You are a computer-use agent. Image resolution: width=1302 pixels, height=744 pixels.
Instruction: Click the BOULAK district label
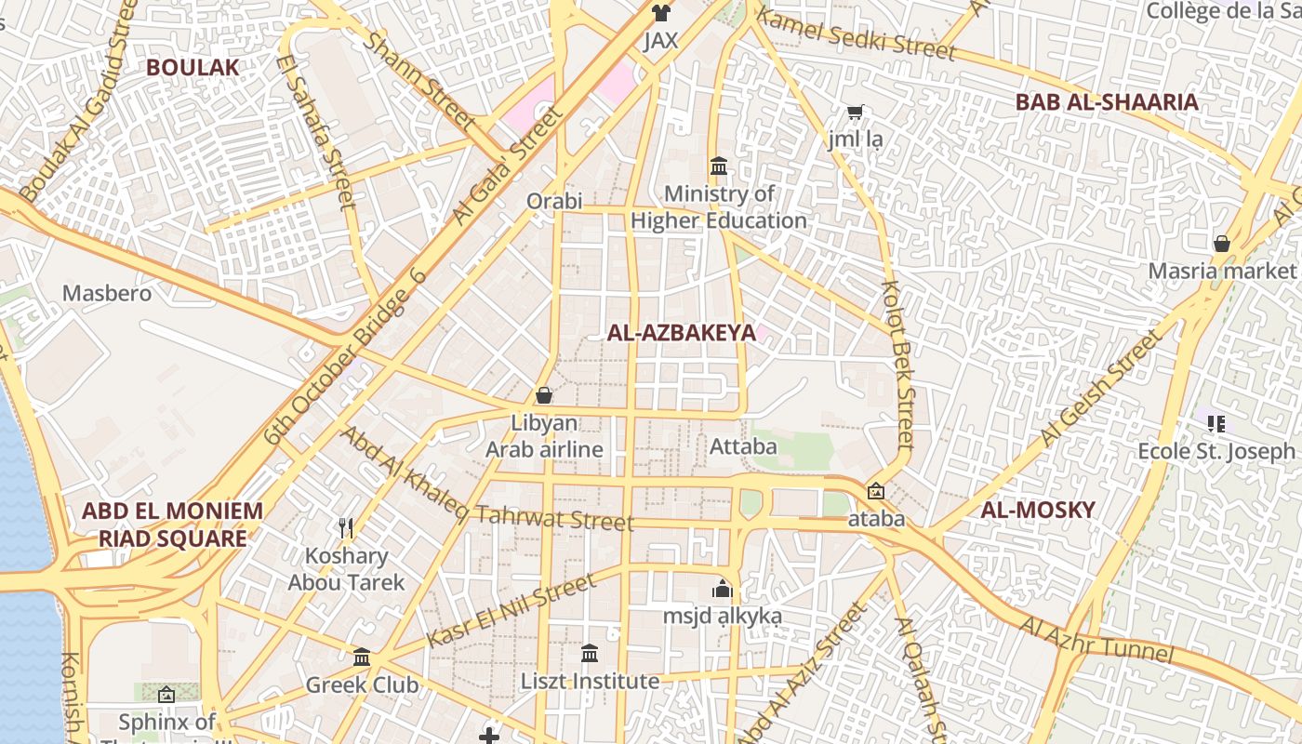pyautogui.click(x=193, y=67)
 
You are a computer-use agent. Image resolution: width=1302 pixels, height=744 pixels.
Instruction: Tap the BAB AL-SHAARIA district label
pyautogui.click(x=1107, y=102)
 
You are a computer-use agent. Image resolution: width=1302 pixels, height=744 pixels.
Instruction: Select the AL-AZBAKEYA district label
pyautogui.click(x=682, y=333)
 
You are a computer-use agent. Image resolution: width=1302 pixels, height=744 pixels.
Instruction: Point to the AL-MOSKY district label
pyautogui.click(x=1038, y=510)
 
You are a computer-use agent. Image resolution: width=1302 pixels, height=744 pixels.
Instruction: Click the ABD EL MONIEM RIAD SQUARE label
pyautogui.click(x=172, y=525)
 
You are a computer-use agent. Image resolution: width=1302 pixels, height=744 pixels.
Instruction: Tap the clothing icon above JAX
pyautogui.click(x=660, y=13)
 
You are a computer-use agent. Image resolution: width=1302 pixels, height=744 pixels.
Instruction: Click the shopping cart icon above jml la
pyautogui.click(x=856, y=113)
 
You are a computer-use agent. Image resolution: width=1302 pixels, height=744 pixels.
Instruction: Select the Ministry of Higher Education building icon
pyautogui.click(x=719, y=166)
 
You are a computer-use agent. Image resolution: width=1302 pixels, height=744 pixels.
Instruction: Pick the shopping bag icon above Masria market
pyautogui.click(x=1222, y=244)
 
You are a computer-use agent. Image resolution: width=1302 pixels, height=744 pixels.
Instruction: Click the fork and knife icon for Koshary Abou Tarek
pyautogui.click(x=346, y=528)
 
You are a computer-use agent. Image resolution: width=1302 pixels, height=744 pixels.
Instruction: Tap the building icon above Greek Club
pyautogui.click(x=362, y=658)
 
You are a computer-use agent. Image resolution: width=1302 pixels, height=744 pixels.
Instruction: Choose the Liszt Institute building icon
pyautogui.click(x=590, y=654)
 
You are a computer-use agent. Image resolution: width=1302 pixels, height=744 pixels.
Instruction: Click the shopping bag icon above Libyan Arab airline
pyautogui.click(x=544, y=395)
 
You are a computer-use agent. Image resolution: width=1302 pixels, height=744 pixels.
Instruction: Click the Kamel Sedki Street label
pyautogui.click(x=856, y=32)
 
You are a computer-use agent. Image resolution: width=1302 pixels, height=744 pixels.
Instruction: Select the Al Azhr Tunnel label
pyautogui.click(x=1096, y=640)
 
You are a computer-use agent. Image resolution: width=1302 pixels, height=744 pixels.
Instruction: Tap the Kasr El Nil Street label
pyautogui.click(x=511, y=611)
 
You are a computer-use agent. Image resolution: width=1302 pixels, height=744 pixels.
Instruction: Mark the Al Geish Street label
pyautogui.click(x=1103, y=387)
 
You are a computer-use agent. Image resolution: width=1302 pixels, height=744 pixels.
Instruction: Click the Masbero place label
pyautogui.click(x=106, y=293)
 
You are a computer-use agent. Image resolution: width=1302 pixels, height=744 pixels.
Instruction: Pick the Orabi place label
pyautogui.click(x=554, y=201)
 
